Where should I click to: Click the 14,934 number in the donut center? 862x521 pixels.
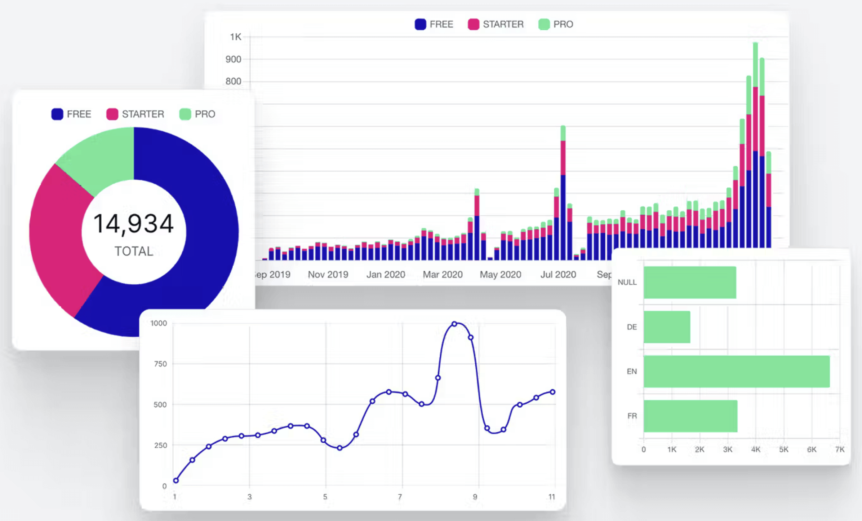click(134, 224)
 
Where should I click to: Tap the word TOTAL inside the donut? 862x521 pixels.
click(134, 251)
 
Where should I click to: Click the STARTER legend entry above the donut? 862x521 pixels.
click(135, 114)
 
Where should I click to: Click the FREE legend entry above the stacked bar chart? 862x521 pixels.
click(434, 24)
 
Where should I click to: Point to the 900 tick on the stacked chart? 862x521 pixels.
click(233, 59)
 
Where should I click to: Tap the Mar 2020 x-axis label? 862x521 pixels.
click(443, 275)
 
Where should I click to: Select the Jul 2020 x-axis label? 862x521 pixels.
click(558, 275)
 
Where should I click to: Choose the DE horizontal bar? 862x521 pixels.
click(667, 327)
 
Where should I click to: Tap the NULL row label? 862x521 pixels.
click(627, 282)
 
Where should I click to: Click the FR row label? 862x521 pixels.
click(632, 416)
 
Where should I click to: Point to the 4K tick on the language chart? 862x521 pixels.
click(756, 450)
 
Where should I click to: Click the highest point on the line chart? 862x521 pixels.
click(454, 324)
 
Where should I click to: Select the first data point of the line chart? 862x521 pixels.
click(176, 481)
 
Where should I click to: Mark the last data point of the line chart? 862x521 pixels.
click(552, 392)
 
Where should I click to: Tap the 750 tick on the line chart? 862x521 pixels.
click(160, 364)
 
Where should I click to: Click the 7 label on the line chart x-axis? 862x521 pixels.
click(400, 497)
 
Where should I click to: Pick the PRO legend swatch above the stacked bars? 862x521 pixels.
click(544, 24)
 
